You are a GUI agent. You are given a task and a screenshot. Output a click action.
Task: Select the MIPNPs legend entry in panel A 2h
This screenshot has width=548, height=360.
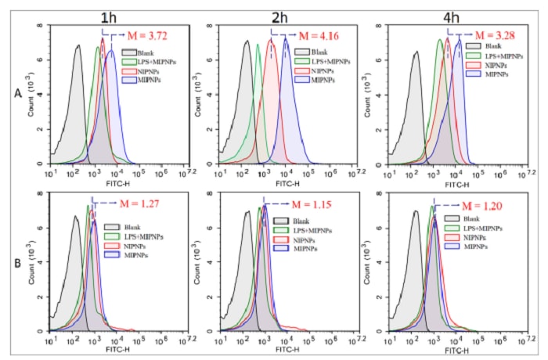point(321,80)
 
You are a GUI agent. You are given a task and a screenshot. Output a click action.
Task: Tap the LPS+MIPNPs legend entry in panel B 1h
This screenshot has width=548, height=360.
point(143,236)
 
